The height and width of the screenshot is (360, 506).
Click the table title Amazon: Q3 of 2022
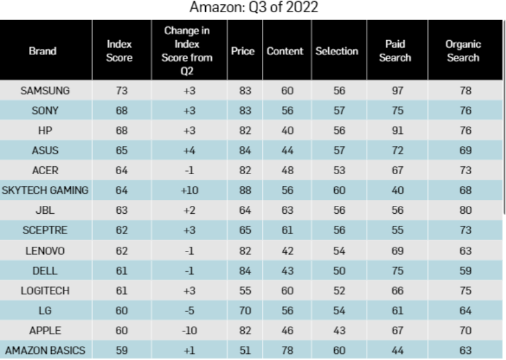(254, 7)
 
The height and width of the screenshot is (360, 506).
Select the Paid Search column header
(395, 51)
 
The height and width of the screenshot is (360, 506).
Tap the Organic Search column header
(463, 51)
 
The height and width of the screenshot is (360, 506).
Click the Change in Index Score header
(187, 51)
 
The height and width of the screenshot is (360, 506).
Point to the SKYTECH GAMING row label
(45, 190)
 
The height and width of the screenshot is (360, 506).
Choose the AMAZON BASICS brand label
(45, 350)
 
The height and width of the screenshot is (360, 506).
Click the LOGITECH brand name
(45, 291)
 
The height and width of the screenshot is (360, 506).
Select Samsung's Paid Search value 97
(398, 90)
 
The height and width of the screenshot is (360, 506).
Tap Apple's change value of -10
(189, 331)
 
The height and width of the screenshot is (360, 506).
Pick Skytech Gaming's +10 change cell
(189, 190)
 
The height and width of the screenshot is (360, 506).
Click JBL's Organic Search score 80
(465, 210)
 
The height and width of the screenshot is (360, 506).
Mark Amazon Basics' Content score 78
(287, 350)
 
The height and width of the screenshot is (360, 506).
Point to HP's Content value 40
(287, 130)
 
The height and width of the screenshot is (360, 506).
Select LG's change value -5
(189, 311)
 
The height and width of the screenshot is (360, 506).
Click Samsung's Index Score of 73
(122, 90)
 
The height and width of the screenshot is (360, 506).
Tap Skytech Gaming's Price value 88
(245, 190)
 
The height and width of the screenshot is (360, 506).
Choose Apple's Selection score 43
(339, 331)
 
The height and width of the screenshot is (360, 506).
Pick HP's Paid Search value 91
(398, 130)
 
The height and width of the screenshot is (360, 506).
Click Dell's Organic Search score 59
(465, 270)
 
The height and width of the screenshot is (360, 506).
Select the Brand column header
(43, 51)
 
